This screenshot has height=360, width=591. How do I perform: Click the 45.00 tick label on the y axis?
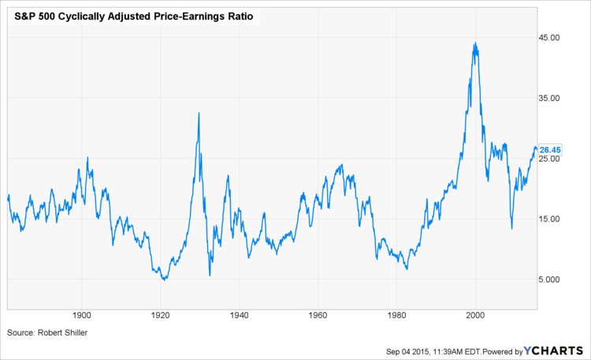pyautogui.click(x=549, y=38)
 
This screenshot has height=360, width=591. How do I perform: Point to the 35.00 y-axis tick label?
pyautogui.click(x=549, y=98)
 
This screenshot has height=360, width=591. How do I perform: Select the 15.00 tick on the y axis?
pyautogui.click(x=549, y=219)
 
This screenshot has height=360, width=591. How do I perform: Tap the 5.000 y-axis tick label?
pyautogui.click(x=549, y=280)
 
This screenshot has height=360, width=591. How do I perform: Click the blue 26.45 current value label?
pyautogui.click(x=549, y=150)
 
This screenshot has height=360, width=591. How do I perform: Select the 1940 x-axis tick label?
pyautogui.click(x=239, y=314)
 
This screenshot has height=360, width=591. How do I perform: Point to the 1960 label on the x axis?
pyautogui.click(x=318, y=314)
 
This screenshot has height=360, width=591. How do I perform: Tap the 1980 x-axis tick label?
pyautogui.click(x=396, y=314)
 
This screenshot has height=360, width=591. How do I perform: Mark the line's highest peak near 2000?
pyautogui.click(x=474, y=43)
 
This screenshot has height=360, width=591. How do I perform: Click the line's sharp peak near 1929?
pyautogui.click(x=199, y=113)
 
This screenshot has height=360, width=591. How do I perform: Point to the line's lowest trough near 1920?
pyautogui.click(x=163, y=280)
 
